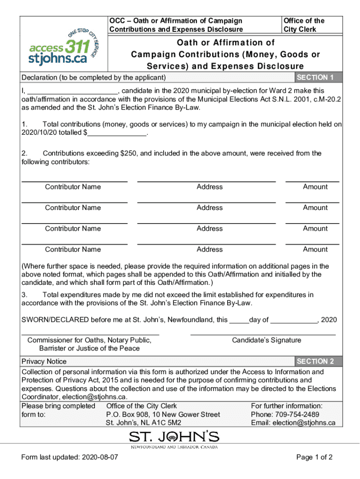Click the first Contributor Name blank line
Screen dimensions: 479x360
pos(74,180)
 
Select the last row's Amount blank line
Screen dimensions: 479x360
pos(312,243)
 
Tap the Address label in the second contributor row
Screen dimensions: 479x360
pos(209,208)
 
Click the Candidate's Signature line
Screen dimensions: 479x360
pos(263,334)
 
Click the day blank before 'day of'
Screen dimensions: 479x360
pos(239,322)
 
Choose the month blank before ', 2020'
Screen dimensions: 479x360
pos(294,322)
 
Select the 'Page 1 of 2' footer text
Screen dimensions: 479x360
pos(314,457)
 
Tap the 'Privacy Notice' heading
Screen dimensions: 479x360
pos(44,362)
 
